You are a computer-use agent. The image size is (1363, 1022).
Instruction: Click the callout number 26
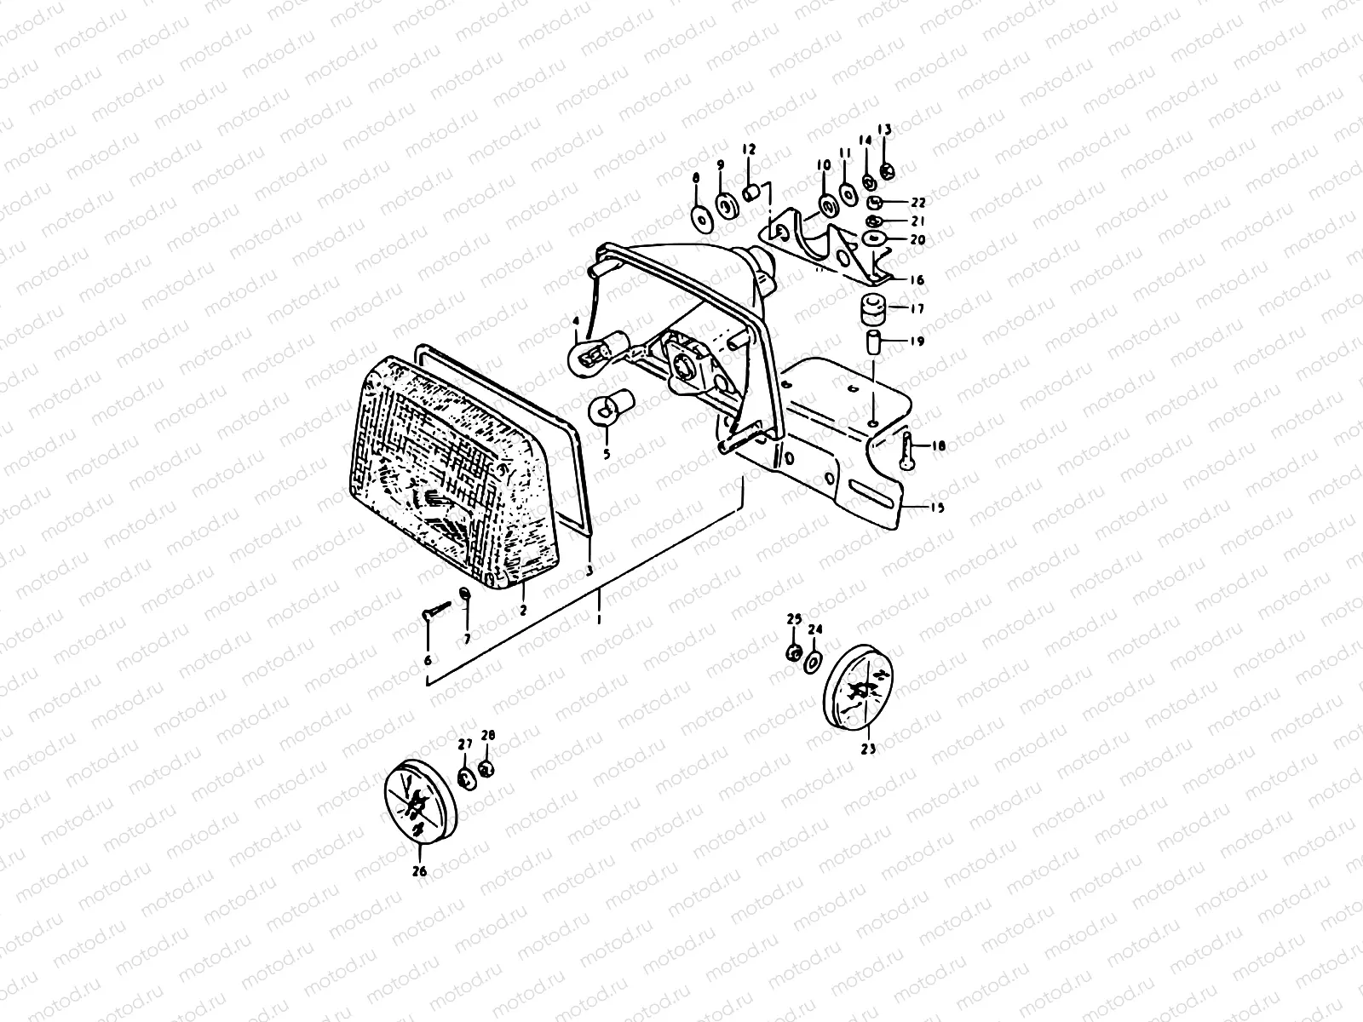click(x=420, y=871)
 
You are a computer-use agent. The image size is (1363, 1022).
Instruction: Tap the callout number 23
click(x=868, y=749)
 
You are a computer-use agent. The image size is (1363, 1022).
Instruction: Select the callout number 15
click(x=937, y=508)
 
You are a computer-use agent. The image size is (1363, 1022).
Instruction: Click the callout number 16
click(x=917, y=279)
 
